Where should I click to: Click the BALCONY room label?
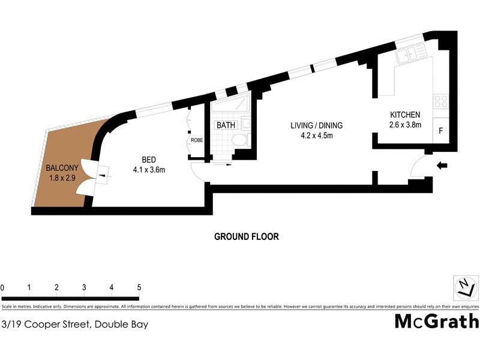coord(61,169)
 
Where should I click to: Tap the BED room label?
coord(149,160)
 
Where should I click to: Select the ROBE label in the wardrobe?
coord(196,140)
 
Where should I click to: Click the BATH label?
coord(226,125)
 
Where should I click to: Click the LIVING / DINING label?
coord(316,125)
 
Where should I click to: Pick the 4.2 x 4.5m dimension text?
coord(316,136)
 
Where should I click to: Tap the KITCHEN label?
coord(405,115)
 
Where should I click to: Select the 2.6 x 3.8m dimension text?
coord(405,125)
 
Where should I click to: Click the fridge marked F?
coord(441,130)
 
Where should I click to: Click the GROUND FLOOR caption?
coord(247,236)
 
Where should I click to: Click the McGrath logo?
coord(436,322)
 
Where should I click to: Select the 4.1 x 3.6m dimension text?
coord(149,170)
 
